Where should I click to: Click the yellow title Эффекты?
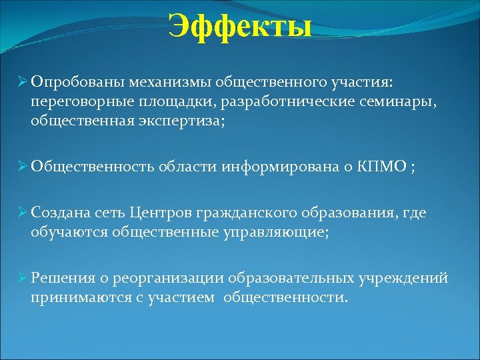coord(240,27)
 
